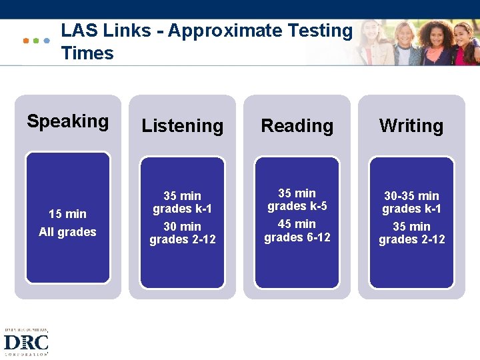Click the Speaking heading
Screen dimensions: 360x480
67,121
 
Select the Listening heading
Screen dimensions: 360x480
182,125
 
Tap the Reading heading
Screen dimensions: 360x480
297,125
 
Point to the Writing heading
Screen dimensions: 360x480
411,125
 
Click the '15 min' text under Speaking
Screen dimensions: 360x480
67,214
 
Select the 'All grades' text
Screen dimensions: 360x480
67,232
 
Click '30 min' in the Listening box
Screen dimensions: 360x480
182,227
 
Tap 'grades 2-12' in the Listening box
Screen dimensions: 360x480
182,239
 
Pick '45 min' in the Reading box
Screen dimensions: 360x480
297,224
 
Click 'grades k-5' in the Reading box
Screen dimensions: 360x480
297,206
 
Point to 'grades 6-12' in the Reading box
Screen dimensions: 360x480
297,237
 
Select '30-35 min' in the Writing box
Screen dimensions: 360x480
411,196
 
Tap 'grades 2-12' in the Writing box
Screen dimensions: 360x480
411,239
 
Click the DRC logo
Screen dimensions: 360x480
26,343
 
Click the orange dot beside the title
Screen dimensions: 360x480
26,41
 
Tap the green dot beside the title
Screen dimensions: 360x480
36,41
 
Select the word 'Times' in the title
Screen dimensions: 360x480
87,53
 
